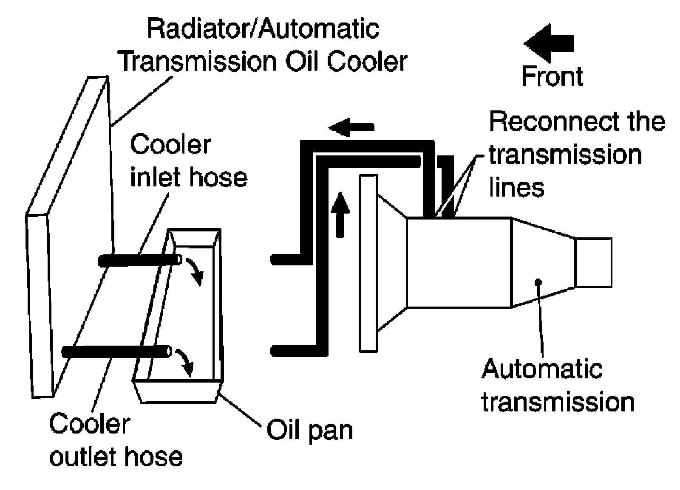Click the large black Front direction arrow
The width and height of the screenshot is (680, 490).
(x=549, y=44)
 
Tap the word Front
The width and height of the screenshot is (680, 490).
(x=552, y=76)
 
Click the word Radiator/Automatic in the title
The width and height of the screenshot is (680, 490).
(x=263, y=29)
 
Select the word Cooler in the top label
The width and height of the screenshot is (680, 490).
(x=367, y=62)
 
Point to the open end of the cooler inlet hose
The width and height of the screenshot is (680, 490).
(x=179, y=259)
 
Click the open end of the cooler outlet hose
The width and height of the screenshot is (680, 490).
(x=169, y=352)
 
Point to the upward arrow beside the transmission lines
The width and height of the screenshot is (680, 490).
(x=340, y=215)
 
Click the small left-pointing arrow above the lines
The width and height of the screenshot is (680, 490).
(x=351, y=127)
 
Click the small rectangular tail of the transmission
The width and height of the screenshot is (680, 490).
(x=593, y=262)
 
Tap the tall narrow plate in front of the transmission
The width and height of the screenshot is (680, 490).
(x=368, y=263)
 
